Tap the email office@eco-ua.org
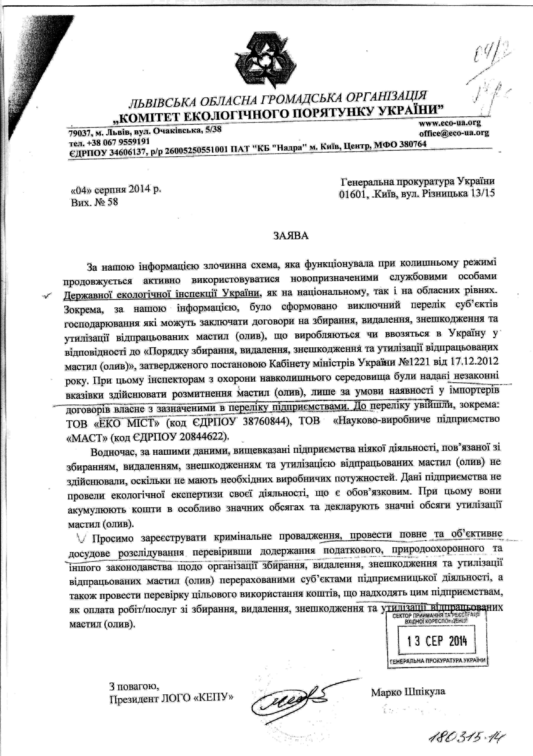pos(454,133)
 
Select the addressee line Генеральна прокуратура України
pos(417,181)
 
